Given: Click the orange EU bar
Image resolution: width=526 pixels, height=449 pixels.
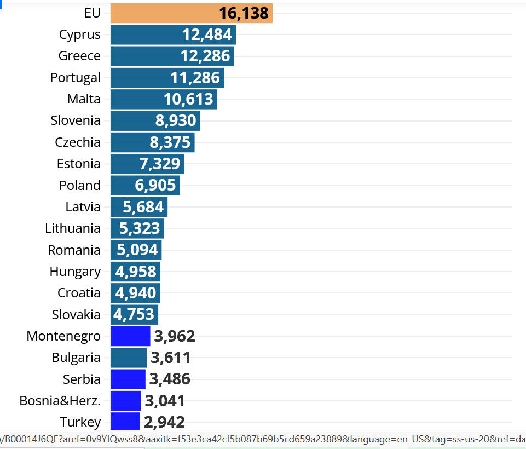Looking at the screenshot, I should (x=164, y=13).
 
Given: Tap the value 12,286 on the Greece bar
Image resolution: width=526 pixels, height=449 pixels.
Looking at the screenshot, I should (x=206, y=56).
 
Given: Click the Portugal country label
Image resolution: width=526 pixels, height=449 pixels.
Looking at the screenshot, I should (x=76, y=78).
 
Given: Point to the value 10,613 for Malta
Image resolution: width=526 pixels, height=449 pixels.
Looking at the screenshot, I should (x=188, y=99).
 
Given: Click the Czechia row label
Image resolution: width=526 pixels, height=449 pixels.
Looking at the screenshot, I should (x=78, y=142).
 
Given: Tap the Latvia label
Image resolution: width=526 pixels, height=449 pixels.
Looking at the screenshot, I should (x=83, y=207).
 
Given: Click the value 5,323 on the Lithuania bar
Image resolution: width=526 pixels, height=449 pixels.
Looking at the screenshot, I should (x=140, y=228).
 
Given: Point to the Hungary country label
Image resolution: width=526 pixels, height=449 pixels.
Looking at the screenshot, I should (x=75, y=272).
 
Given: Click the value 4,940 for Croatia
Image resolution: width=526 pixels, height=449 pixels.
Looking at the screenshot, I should (x=136, y=293).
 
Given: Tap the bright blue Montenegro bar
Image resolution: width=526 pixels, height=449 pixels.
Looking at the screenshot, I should (x=130, y=336).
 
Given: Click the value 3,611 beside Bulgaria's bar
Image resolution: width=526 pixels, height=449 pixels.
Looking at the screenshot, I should (x=171, y=358).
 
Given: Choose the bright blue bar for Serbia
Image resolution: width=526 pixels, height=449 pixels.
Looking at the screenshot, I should (x=128, y=379).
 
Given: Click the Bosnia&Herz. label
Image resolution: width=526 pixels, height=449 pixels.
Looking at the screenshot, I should (x=60, y=401).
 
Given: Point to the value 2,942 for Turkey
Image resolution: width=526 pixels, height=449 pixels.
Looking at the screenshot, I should (x=164, y=422).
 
